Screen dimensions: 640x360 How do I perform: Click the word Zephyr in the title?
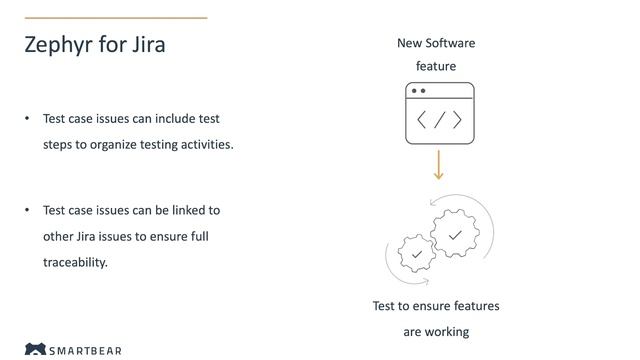pos(58,46)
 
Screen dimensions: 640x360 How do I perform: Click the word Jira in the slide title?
pos(147,45)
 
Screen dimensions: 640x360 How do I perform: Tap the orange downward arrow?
pos(438,165)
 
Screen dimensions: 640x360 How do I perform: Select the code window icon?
pos(439,114)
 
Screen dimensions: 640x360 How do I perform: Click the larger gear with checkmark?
pos(455,235)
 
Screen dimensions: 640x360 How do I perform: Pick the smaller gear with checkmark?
pos(416,255)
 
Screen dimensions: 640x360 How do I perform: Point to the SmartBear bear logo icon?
pos(35,351)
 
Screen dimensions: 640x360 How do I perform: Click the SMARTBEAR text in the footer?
pos(86,352)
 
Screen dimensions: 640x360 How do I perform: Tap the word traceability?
pos(75,263)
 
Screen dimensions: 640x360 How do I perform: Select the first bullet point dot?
pos(28,119)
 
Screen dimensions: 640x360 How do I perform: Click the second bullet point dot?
pos(28,211)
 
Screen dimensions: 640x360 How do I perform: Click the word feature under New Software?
pos(436,66)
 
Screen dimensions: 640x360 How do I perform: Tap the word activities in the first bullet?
pos(206,144)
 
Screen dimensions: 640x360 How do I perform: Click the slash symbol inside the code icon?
pos(439,120)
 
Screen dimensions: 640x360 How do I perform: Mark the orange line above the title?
pos(115,17)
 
